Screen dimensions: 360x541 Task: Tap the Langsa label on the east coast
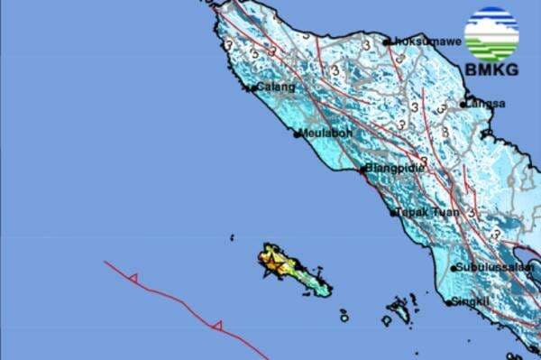tap(487, 104)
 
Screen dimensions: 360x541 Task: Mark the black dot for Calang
tap(251, 88)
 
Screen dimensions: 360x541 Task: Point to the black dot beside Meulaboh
tap(298, 135)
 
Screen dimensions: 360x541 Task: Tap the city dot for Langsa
tap(463, 105)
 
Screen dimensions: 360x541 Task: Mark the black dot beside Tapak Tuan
tap(394, 214)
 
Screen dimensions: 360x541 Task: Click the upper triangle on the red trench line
tap(133, 279)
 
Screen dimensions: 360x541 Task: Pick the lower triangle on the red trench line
tap(216, 325)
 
